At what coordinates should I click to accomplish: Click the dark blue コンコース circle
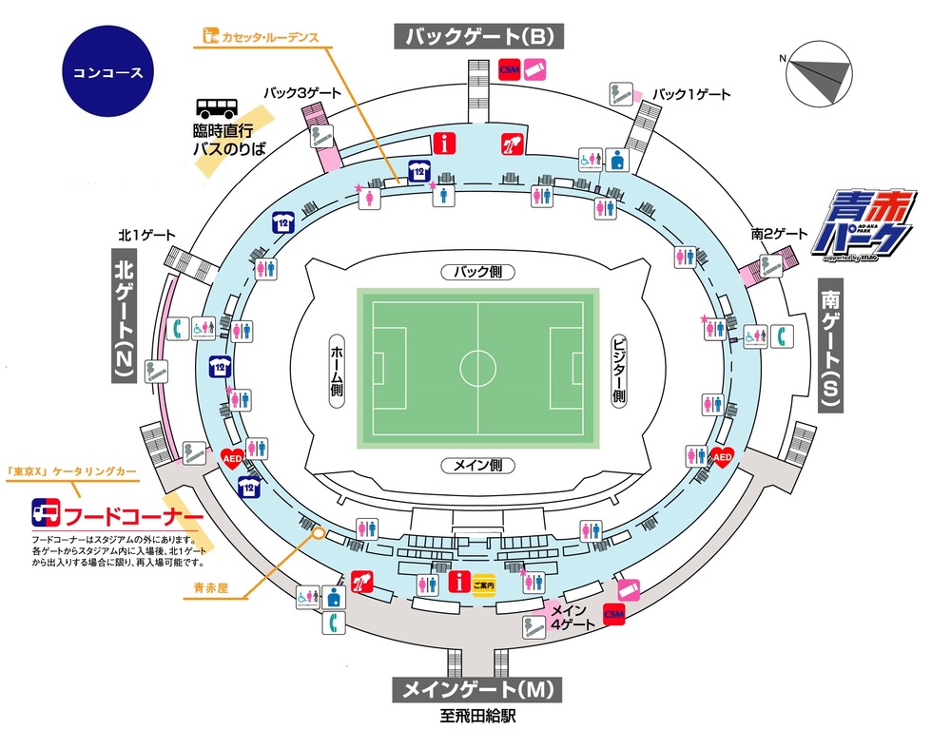(x=107, y=72)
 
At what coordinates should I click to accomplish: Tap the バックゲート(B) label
(x=479, y=37)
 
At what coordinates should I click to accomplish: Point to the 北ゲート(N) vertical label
(x=125, y=316)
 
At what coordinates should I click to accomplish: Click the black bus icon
(x=220, y=112)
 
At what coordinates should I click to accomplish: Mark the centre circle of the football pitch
(x=477, y=366)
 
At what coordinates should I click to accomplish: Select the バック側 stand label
(x=477, y=272)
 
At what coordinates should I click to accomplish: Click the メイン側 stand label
(x=477, y=466)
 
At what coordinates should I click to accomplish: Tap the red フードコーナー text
(x=134, y=516)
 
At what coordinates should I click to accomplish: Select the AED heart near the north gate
(x=232, y=457)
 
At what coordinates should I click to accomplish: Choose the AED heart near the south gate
(x=722, y=457)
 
